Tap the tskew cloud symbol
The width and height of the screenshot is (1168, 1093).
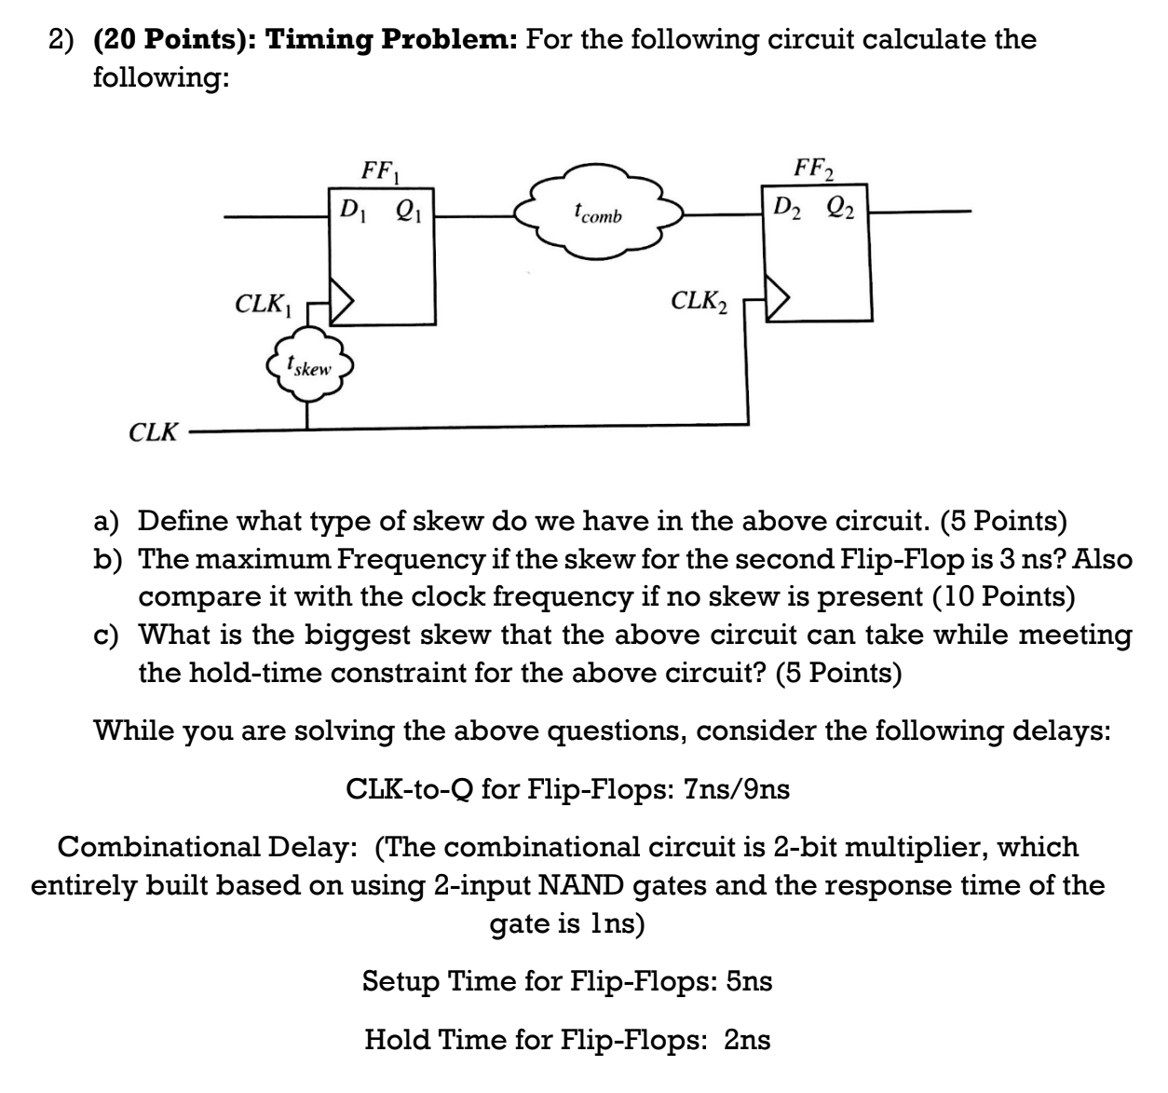click(309, 366)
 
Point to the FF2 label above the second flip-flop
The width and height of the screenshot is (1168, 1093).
click(814, 171)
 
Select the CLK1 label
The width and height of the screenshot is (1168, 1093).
click(264, 304)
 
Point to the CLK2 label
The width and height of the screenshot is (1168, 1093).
click(699, 301)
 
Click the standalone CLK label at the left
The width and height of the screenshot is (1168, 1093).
click(153, 432)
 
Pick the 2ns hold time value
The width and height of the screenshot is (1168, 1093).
click(747, 1039)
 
